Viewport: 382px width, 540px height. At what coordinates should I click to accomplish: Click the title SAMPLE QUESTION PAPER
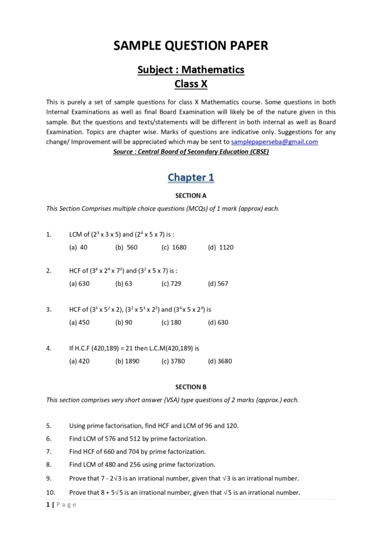190,46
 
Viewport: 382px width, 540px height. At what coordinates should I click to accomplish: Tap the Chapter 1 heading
190,177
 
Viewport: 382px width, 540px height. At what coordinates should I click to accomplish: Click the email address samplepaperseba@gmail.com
274,142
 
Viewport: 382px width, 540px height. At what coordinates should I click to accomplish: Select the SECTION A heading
190,195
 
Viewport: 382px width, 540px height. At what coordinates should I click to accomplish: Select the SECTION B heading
190,387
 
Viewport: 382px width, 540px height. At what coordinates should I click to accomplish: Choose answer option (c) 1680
174,247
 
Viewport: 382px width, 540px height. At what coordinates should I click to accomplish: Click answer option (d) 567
218,283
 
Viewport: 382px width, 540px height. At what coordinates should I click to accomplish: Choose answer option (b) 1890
127,361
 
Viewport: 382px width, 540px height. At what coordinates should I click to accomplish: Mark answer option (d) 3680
219,361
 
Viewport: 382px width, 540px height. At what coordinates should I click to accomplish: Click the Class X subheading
190,83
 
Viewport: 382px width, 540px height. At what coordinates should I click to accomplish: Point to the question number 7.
49,451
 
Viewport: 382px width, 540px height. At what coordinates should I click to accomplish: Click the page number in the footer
48,505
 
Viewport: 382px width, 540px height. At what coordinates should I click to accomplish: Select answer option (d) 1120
221,247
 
